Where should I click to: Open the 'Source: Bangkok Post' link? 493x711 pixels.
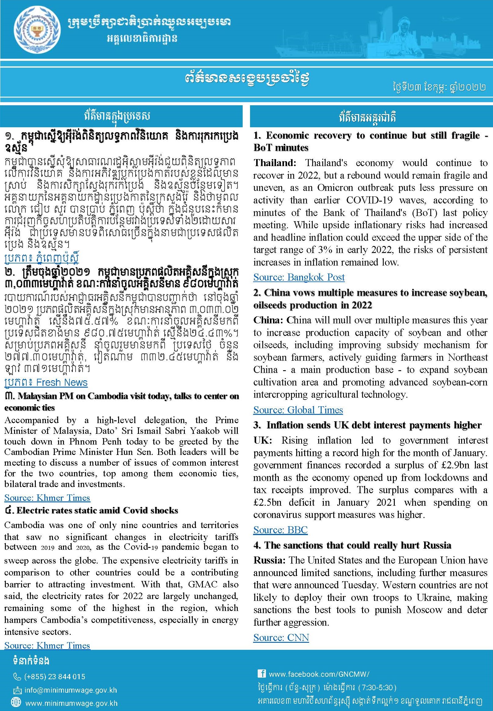coord(299,277)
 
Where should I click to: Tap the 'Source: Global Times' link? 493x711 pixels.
coord(298,410)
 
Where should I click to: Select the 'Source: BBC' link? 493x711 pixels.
coord(280,530)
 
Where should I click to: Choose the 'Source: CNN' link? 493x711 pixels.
coord(281,638)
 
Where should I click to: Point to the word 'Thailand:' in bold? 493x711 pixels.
coord(275,163)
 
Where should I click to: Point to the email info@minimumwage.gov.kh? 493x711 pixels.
coord(71,690)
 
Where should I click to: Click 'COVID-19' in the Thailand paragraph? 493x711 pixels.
coord(369,200)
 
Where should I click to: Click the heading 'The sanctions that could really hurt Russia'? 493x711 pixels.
coord(358,545)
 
